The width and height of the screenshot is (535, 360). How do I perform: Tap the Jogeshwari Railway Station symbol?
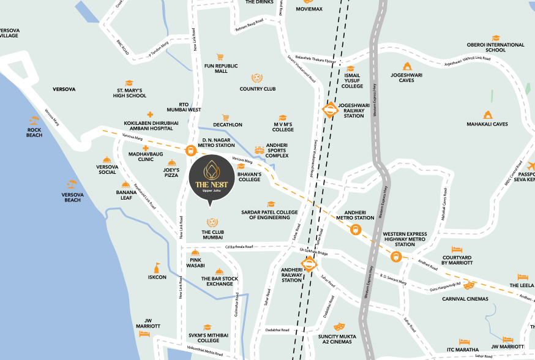(x=330, y=110)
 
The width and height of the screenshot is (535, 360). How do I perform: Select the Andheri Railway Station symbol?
(x=310, y=265)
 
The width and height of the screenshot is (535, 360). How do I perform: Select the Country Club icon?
(x=257, y=78)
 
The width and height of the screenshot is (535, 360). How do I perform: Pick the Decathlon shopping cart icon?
(x=226, y=117)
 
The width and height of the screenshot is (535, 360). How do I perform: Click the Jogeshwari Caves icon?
(x=407, y=66)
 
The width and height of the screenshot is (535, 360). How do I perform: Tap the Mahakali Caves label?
(x=487, y=124)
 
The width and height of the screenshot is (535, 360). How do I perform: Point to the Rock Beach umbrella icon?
(x=34, y=121)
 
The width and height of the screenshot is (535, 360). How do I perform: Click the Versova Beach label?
(x=72, y=197)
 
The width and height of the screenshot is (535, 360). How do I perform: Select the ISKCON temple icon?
(x=157, y=268)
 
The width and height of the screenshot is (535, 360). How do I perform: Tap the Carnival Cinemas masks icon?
(x=469, y=285)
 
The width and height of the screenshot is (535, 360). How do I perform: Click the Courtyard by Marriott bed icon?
(x=456, y=250)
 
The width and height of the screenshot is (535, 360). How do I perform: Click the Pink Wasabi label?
(x=195, y=263)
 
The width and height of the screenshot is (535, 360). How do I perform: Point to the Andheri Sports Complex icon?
(x=260, y=149)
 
